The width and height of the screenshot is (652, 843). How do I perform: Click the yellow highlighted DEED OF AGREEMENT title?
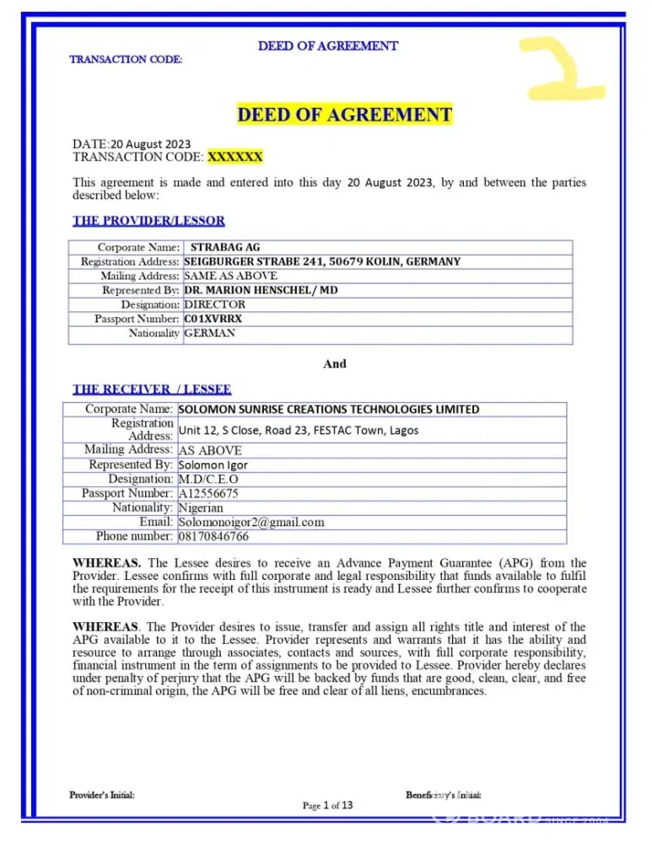pos(345,114)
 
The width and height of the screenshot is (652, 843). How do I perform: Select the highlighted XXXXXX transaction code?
pos(235,157)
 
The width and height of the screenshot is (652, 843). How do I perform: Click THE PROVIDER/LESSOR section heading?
pos(148,221)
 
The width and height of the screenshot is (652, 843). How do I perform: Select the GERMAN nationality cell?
pos(210,333)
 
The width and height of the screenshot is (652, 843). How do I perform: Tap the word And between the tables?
pos(335,364)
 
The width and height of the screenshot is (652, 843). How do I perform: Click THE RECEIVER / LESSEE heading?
pos(152,389)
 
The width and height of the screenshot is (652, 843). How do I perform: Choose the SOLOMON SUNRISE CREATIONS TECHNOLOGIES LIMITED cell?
pos(329,410)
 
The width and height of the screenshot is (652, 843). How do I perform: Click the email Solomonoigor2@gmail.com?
pos(251,522)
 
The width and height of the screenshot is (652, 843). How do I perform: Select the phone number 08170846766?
pos(214,536)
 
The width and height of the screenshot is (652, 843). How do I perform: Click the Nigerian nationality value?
pos(201,507)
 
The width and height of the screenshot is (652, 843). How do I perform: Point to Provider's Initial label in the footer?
pos(101,795)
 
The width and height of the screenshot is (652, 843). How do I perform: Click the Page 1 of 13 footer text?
pos(327,805)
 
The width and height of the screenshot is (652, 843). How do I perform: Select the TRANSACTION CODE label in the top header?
pos(126,59)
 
